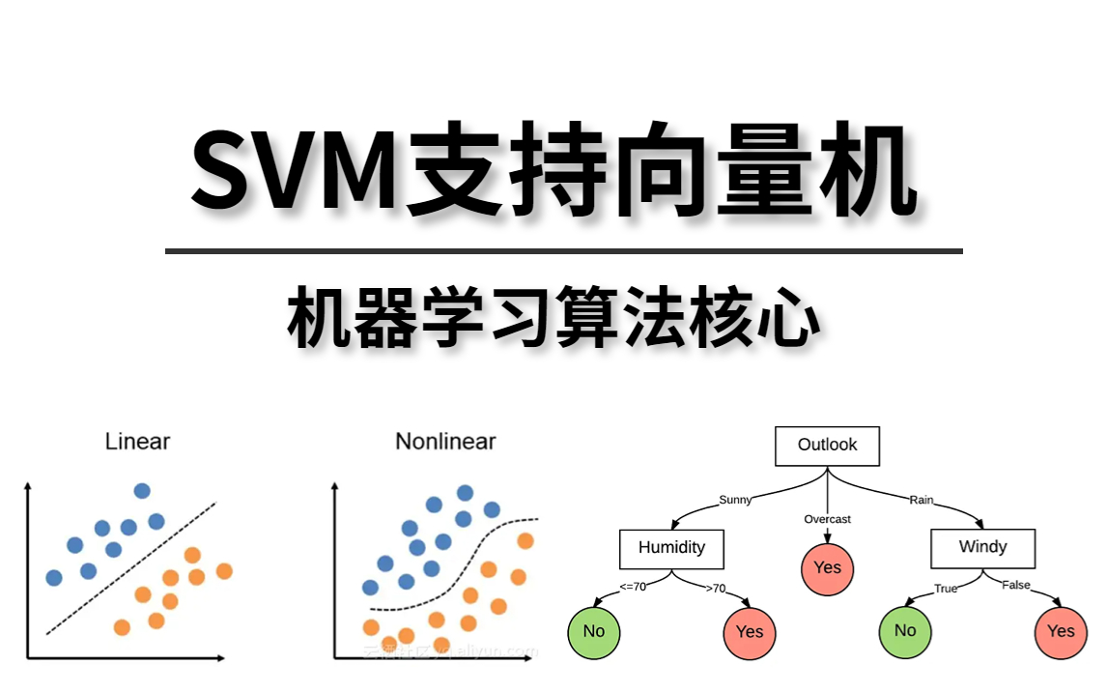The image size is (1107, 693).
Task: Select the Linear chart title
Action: (137, 442)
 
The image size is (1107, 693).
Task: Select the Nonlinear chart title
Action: (445, 442)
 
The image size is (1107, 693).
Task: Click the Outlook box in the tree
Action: (827, 445)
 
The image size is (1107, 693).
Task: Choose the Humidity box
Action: (671, 547)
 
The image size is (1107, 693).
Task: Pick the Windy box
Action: (982, 547)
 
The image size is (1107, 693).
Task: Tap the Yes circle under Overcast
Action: (827, 567)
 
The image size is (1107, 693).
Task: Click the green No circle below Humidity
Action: (593, 631)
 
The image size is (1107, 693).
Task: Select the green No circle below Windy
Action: (904, 631)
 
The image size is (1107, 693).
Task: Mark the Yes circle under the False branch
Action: (1060, 631)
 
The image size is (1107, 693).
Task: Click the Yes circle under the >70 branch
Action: (749, 631)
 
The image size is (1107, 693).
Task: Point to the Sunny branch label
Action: (735, 500)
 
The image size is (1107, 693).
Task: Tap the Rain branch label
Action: (921, 500)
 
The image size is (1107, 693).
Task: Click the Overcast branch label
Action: (827, 519)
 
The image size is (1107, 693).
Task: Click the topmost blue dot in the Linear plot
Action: (142, 490)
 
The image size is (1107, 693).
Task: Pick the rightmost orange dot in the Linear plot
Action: (224, 571)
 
